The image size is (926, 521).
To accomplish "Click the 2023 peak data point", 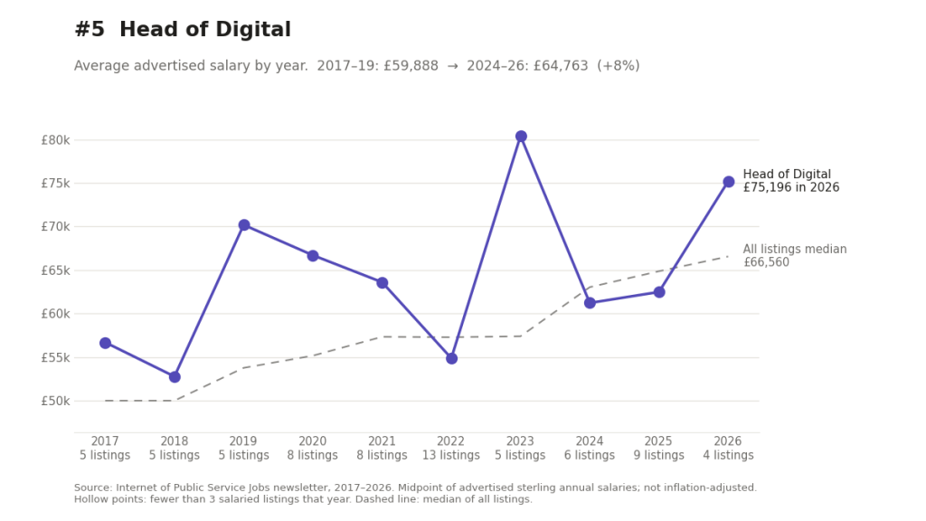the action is (x=521, y=137).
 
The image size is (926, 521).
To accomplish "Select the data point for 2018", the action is (x=175, y=377).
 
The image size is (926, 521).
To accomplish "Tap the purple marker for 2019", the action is (x=244, y=225).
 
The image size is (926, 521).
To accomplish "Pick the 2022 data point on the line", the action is (x=452, y=358).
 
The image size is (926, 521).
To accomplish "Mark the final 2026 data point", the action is (x=729, y=182).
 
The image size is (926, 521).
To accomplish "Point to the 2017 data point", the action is (x=105, y=343).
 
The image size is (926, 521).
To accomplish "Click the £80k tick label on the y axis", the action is (x=55, y=140).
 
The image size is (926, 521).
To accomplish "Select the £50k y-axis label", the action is (x=55, y=401).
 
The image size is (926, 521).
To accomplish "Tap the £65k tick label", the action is (x=55, y=270).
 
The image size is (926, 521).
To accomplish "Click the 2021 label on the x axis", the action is (x=382, y=441).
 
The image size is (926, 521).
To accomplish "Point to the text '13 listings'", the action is (x=451, y=456).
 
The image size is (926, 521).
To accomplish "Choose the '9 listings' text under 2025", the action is (x=658, y=456).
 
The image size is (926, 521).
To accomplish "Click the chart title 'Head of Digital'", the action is (x=205, y=30).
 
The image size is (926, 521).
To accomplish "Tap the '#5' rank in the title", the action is (x=90, y=30).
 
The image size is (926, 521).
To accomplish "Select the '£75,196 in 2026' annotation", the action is (x=791, y=188).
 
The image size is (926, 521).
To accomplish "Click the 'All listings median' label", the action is (x=795, y=250).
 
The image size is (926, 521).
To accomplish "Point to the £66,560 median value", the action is (x=766, y=262).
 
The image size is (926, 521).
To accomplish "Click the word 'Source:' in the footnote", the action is (x=93, y=488).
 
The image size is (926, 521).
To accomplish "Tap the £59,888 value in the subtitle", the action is (x=411, y=65).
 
